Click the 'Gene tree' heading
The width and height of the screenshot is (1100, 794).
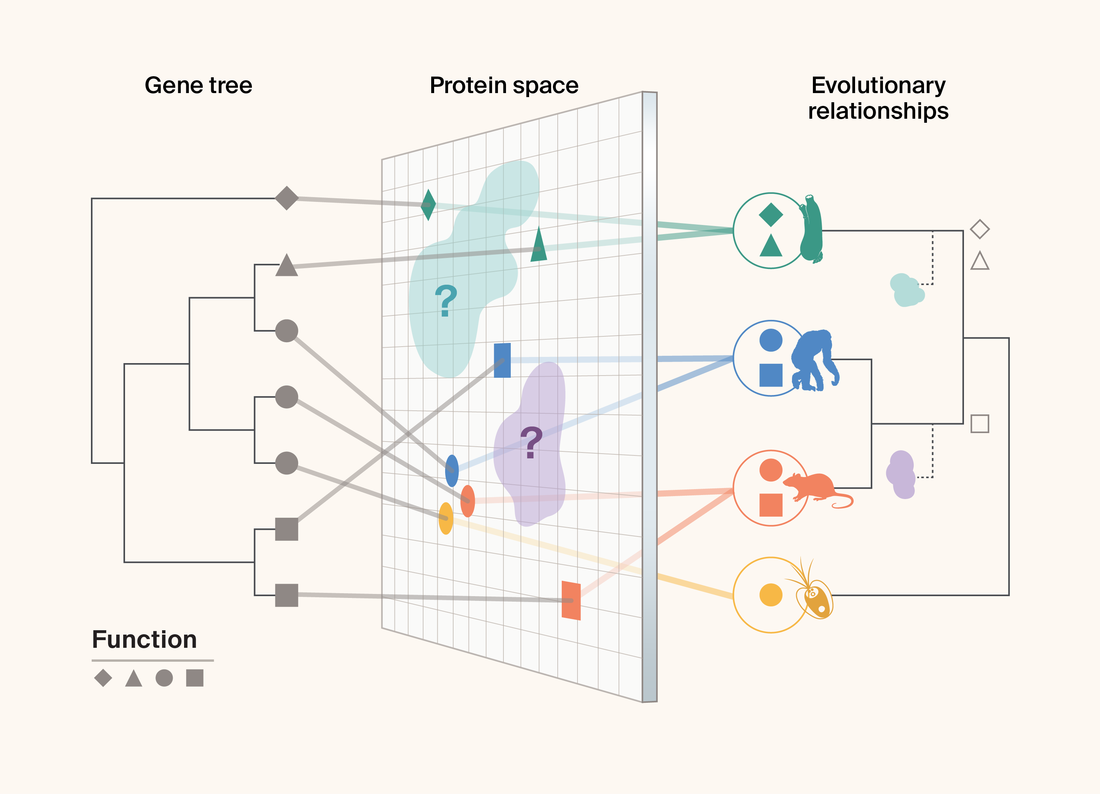[x=198, y=85]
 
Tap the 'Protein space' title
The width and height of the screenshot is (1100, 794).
[x=504, y=85]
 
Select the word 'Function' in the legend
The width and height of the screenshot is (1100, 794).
[x=144, y=639]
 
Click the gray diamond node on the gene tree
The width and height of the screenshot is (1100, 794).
[x=287, y=198]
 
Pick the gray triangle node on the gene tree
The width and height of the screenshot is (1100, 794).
[x=287, y=266]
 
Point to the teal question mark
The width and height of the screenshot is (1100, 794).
[x=446, y=300]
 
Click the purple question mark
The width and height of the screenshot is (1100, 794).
[x=531, y=442]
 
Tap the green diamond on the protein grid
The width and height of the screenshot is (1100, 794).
[x=428, y=204]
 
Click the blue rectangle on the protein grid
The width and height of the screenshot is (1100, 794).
[x=502, y=360]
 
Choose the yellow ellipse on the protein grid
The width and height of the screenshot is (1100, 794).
[x=446, y=518]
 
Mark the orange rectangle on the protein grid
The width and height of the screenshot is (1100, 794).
[x=571, y=600]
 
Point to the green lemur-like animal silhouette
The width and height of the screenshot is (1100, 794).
[x=811, y=230]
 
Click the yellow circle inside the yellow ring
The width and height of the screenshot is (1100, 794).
[x=771, y=595]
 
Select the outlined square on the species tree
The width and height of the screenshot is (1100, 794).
[x=980, y=424]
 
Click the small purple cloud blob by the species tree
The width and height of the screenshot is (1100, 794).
[x=901, y=475]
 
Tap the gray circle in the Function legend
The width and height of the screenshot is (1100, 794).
[x=164, y=677]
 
